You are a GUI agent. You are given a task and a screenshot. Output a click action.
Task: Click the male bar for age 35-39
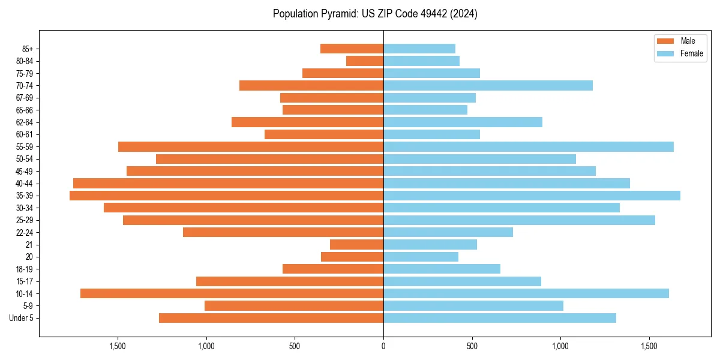[226, 196]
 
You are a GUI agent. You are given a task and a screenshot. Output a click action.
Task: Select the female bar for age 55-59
[528, 146]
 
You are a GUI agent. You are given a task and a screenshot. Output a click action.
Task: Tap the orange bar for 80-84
[365, 61]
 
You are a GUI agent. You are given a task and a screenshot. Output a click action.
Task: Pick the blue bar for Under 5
[499, 318]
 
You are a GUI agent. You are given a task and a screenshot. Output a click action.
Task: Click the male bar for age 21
[356, 245]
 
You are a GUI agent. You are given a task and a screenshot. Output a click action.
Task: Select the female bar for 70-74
[488, 85]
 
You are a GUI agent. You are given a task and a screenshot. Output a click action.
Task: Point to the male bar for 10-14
[232, 293]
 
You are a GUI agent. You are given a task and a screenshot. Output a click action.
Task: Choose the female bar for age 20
[421, 257]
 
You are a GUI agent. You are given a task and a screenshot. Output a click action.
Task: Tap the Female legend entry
[691, 53]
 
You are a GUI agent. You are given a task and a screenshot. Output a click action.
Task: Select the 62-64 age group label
[25, 122]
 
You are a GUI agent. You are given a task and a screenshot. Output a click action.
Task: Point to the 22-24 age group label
[25, 232]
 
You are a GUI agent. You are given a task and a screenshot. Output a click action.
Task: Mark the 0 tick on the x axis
[383, 346]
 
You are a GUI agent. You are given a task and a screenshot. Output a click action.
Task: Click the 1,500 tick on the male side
[118, 346]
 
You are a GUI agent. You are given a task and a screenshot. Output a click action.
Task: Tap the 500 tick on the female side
[472, 346]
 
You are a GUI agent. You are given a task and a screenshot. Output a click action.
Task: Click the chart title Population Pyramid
[375, 14]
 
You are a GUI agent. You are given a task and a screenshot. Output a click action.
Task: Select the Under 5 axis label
[22, 318]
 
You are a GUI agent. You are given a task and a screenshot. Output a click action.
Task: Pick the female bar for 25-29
[519, 220]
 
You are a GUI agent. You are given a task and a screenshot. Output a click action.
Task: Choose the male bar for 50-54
[269, 159]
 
